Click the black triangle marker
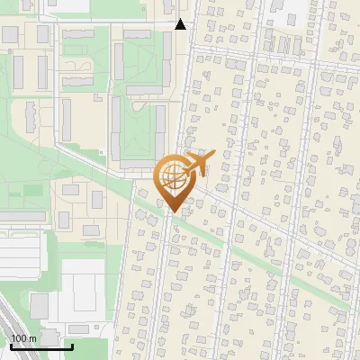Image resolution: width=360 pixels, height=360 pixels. tap(181, 24)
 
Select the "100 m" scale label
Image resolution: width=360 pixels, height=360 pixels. tap(23, 338)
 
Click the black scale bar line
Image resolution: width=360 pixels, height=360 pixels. tap(40, 346)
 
